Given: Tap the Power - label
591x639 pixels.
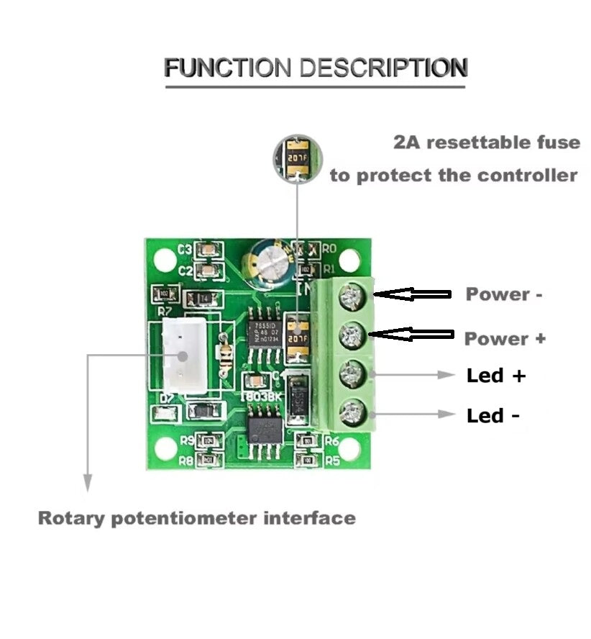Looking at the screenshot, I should (x=504, y=294).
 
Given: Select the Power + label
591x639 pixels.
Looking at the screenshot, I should (x=505, y=339).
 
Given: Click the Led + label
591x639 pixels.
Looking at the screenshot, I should (x=496, y=376).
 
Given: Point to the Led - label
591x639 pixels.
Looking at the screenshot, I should (x=493, y=416).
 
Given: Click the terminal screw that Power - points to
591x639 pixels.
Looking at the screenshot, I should (x=352, y=295).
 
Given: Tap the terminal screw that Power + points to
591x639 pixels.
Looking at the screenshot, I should (x=352, y=333).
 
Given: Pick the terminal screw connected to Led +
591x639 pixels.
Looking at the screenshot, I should (x=352, y=374).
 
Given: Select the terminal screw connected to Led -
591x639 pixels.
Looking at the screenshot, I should (x=352, y=413).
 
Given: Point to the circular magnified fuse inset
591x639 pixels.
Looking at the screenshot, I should (x=298, y=158).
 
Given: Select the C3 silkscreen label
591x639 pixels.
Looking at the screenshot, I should (x=185, y=250).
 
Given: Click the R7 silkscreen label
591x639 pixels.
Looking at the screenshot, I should (x=164, y=312).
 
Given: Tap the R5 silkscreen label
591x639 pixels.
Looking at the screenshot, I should (x=332, y=460).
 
